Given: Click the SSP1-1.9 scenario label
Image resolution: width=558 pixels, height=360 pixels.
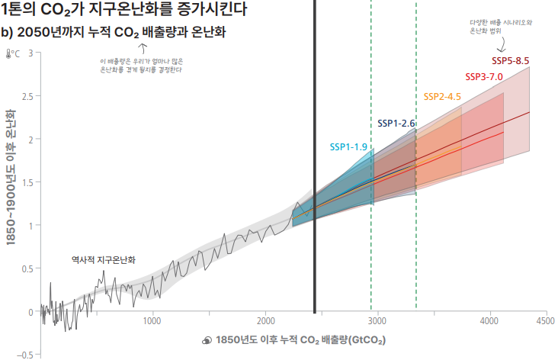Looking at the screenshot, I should pos(348,146).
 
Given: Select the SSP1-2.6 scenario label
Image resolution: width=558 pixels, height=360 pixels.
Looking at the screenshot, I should pos(396,123).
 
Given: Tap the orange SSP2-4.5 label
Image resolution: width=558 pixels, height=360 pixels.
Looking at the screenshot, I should pos(442,96).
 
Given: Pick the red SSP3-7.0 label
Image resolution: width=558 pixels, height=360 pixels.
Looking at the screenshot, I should pos(484,76).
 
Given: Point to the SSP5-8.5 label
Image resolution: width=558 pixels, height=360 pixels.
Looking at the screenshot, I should pos(510,59).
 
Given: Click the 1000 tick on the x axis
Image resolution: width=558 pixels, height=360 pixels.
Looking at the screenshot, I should pos(152,321).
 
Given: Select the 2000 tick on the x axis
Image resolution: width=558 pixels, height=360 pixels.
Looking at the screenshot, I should pos(266,321).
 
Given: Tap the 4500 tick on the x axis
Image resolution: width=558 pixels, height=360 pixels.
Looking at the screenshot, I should pos(545,321).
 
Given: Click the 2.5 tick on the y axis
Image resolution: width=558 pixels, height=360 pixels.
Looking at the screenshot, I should pos(27,96).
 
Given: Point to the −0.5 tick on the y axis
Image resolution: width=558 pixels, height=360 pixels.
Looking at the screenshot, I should pos(26,355).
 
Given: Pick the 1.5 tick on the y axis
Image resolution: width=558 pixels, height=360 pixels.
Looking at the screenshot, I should pos(27,182).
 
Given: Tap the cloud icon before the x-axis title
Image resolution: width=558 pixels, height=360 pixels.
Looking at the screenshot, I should pos(206,340).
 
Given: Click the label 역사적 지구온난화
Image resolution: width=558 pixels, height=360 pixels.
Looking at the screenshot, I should pos(103,259).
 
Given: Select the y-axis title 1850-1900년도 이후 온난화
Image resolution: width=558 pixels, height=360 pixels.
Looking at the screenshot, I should pos(11,175).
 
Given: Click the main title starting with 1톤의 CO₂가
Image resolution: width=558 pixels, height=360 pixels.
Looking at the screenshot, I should pos(124,11).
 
